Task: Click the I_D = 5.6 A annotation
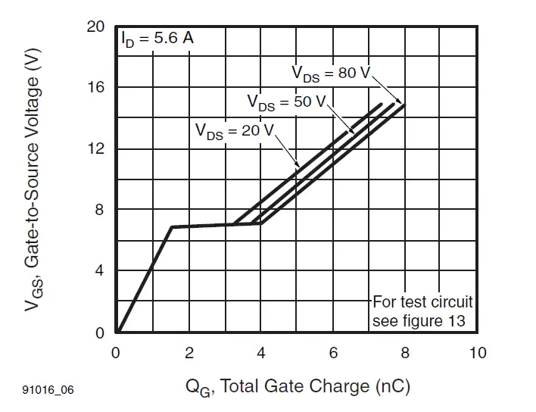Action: pos(157,38)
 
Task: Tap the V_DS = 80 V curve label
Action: pos(331,73)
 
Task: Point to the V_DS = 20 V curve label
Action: pos(234,130)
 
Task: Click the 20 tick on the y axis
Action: pos(95,27)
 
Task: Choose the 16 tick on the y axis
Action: pos(95,88)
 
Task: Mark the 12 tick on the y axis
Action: pos(95,149)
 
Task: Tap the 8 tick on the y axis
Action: pos(99,211)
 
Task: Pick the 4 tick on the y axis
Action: pos(99,271)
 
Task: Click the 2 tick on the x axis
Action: pos(189,353)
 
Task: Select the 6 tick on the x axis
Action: pos(333,353)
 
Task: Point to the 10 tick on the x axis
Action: pos(477,353)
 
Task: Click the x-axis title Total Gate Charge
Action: pos(298,387)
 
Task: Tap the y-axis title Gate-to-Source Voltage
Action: pos(32,180)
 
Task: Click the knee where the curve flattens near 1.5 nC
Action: pos(172,226)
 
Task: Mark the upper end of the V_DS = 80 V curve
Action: pos(404,105)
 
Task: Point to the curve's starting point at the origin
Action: pos(117,332)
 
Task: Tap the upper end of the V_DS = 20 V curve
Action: pos(382,105)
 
